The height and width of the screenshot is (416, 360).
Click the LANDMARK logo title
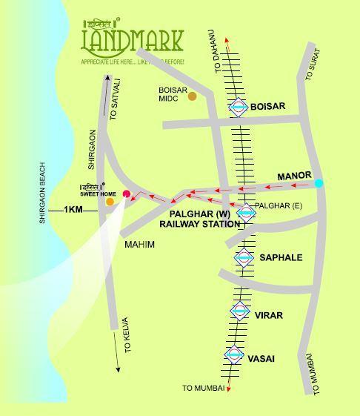(131, 41)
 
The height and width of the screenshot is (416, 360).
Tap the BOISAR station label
(267, 107)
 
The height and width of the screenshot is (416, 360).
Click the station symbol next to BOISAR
(238, 108)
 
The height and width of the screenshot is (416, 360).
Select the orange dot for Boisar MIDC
(193, 96)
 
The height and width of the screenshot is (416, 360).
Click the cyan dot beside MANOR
(319, 183)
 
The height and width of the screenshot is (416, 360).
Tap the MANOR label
(294, 176)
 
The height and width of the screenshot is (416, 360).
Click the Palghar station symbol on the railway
(246, 213)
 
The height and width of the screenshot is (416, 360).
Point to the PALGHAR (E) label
(279, 205)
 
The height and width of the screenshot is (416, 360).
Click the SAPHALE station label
(281, 257)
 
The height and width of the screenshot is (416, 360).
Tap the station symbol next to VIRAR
(239, 311)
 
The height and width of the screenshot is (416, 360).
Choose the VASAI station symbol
(234, 355)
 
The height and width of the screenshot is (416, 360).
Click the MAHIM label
(139, 244)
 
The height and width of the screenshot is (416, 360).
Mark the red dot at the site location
(126, 195)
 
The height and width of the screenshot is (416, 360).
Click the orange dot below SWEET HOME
(110, 201)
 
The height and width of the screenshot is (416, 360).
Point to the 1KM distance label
(73, 210)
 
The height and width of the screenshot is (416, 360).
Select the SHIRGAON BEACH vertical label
(43, 193)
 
